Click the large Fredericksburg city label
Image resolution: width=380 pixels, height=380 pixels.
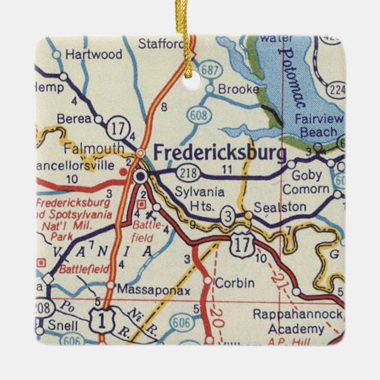220,152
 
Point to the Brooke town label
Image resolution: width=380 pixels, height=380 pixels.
238,89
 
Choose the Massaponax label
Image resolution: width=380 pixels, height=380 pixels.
145,290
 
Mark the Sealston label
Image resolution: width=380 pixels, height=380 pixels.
280,207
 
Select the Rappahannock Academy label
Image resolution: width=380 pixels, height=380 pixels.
297,322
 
